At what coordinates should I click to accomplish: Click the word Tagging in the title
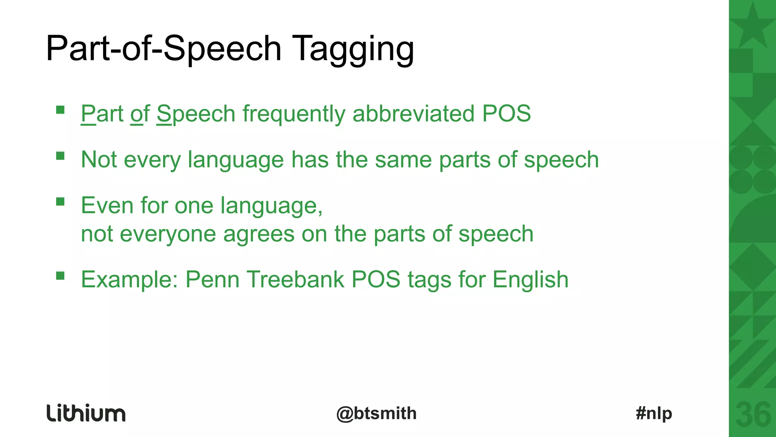(x=354, y=49)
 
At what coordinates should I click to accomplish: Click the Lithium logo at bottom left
(x=86, y=413)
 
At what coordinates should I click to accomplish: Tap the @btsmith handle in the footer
(x=376, y=413)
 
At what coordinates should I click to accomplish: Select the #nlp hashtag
(x=654, y=413)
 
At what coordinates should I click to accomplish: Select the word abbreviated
(x=413, y=113)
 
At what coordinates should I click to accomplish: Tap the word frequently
(x=294, y=114)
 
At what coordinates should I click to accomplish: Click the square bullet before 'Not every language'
(x=60, y=156)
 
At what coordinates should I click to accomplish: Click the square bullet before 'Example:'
(x=60, y=276)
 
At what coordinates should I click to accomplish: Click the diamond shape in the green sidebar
(x=753, y=266)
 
